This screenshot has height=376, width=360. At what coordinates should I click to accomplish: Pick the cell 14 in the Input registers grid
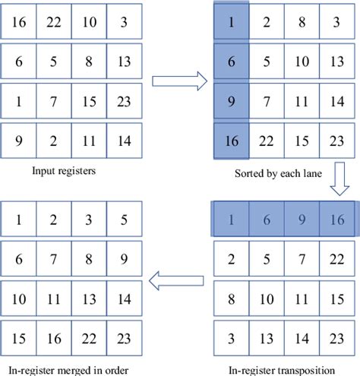point(123,141)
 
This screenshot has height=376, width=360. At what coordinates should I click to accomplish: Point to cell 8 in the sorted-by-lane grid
point(303,24)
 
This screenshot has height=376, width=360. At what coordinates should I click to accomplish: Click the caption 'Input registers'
point(62,172)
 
